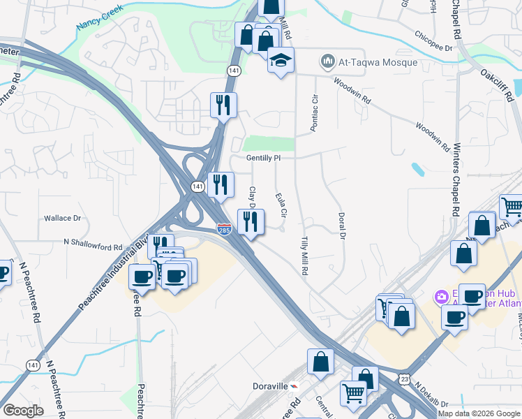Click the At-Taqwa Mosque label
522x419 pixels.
[x=378, y=62]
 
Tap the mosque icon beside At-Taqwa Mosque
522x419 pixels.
[x=327, y=62]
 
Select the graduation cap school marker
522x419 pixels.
[x=281, y=60]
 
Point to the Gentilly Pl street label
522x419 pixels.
[x=263, y=158]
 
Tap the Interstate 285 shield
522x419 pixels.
[x=223, y=229]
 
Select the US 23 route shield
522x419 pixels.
[x=404, y=378]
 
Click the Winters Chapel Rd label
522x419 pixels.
[x=456, y=179]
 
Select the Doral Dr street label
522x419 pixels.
[x=342, y=226]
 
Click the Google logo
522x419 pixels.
[x=23, y=410]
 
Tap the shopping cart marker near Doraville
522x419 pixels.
[x=353, y=392]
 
